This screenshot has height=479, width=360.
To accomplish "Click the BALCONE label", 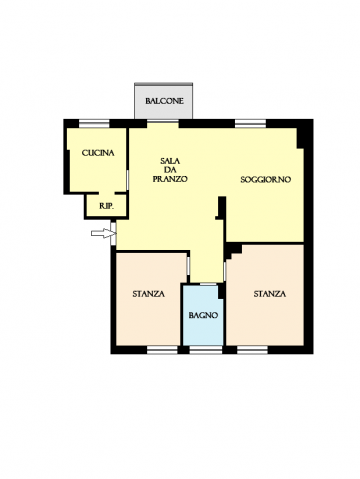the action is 164,101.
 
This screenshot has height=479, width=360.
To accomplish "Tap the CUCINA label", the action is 98,153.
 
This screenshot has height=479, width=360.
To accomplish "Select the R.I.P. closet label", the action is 107,206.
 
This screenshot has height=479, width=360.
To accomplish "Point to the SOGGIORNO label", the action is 266,180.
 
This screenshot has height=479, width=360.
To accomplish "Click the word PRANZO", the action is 170,179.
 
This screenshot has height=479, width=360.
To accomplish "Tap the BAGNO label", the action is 203,315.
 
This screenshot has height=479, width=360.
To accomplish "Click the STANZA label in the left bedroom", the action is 148,294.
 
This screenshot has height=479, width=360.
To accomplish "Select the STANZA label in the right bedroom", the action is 270,294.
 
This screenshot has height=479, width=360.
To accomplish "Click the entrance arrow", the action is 102,233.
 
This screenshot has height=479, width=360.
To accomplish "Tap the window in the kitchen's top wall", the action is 94,124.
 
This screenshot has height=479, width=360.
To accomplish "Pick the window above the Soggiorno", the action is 251,124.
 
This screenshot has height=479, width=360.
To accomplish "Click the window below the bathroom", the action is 206,350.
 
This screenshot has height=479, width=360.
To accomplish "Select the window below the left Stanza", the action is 162,350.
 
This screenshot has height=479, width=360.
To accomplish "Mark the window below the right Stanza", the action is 252,350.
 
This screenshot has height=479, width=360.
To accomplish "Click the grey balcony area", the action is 163,101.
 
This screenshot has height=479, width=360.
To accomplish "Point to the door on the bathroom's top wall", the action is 208,284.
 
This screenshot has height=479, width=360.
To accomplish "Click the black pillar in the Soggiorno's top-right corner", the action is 300,138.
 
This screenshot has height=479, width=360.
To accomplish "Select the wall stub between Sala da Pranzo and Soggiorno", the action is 222,208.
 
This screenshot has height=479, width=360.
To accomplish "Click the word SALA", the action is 170,161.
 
